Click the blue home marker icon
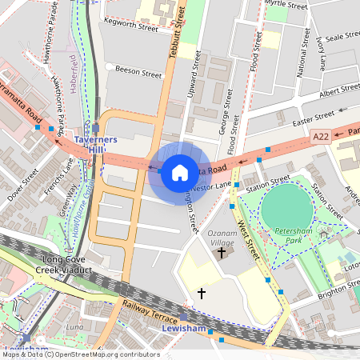[180, 172]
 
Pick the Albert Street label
[338, 94]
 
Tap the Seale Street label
[344, 37]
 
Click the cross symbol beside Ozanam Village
[222, 253]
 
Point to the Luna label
[74, 327]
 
